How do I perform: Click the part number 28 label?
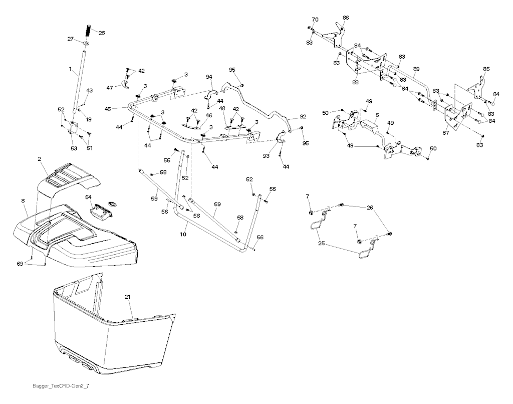(x=102, y=33)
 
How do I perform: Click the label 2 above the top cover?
(x=39, y=159)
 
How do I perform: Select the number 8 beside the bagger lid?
(x=23, y=201)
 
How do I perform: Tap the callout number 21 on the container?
(x=128, y=298)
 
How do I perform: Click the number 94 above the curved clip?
(x=209, y=77)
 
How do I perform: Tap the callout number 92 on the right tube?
(x=303, y=116)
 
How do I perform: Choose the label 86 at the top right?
(x=346, y=18)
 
